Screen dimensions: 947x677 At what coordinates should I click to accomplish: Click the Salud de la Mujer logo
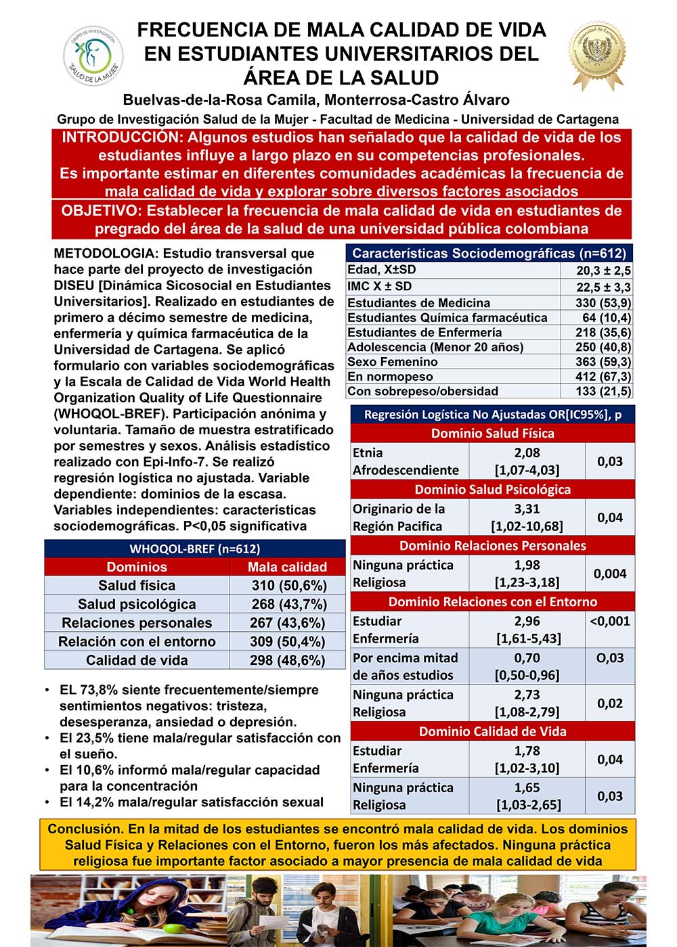[93, 55]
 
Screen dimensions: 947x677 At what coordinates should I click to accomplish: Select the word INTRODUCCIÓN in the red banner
[121, 137]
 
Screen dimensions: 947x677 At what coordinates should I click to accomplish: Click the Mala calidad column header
[287, 567]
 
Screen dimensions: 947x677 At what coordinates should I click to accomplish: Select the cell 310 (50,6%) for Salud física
[288, 586]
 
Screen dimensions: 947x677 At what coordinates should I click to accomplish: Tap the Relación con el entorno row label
[137, 641]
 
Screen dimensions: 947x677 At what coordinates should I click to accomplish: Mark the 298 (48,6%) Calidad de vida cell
[288, 660]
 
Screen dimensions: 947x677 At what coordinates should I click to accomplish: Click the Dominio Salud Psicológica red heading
[492, 490]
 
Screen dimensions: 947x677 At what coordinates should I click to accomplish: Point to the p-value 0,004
[610, 574]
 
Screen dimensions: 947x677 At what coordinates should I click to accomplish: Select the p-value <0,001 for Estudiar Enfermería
[610, 621]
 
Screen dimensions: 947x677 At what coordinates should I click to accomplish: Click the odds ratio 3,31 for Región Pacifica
[527, 509]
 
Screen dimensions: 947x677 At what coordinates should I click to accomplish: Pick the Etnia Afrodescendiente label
[406, 461]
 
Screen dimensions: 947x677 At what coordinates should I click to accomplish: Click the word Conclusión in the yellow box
[83, 829]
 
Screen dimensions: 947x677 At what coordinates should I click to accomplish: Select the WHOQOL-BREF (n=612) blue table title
[195, 549]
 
